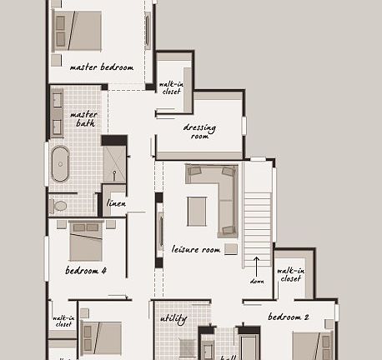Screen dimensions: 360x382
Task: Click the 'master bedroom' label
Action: (102, 67)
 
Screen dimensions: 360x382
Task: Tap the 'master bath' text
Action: (83, 119)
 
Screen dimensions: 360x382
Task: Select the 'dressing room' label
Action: (199, 132)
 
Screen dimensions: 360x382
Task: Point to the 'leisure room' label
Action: (196, 249)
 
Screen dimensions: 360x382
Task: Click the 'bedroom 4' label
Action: (86, 271)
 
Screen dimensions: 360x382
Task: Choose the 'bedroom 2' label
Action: (289, 317)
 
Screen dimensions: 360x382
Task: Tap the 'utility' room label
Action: (173, 319)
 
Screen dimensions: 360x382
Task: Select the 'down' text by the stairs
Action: (258, 280)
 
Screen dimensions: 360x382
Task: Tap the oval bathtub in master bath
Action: (61, 165)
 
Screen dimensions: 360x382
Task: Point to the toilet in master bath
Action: (59, 205)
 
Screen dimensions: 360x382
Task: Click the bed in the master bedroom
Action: (78, 31)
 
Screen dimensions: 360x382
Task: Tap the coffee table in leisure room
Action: (196, 210)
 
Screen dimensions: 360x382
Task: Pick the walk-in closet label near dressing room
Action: (171, 87)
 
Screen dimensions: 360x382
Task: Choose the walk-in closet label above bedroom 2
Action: (289, 274)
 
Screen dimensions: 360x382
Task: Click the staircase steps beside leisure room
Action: (258, 218)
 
